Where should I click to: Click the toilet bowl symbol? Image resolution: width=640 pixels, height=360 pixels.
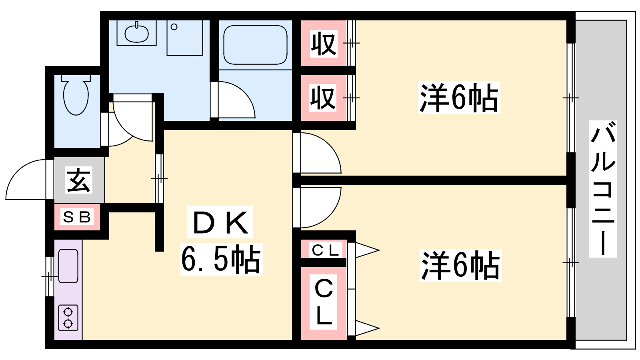point(76,95)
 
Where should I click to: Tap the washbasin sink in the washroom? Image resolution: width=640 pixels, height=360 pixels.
point(136,33)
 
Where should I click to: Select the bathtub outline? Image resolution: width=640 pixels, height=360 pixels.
point(255,45)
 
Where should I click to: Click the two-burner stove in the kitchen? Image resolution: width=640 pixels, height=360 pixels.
point(68,318)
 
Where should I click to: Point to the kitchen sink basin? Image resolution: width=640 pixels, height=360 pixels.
point(68,266)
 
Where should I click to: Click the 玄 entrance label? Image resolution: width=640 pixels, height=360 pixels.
point(78,180)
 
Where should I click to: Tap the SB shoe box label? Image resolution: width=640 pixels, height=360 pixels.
point(77,217)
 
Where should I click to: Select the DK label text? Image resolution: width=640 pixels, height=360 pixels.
point(220,222)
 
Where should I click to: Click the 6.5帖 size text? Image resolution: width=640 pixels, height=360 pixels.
point(221,259)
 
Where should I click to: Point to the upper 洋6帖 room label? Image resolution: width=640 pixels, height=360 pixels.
point(459,98)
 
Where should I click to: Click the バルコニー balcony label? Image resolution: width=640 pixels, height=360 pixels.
point(603,188)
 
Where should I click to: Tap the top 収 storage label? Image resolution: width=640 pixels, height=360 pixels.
point(324,44)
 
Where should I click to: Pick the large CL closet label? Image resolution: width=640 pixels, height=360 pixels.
point(324,302)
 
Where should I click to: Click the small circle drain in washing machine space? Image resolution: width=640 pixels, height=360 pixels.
point(174,27)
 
